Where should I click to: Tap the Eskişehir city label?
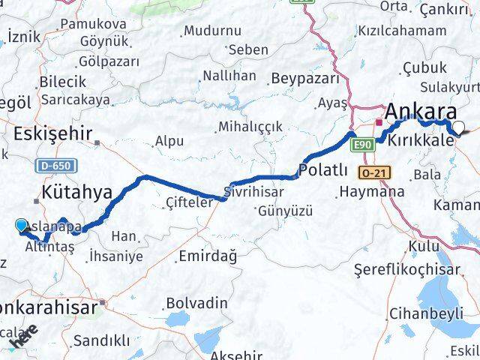pyautogui.click(x=52, y=134)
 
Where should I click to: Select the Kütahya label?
pyautogui.click(x=78, y=193)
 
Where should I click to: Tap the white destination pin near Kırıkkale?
pyautogui.click(x=458, y=127)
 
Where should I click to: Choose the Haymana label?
pyautogui.click(x=371, y=192)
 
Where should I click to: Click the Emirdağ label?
pyautogui.click(x=207, y=256)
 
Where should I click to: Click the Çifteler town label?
pyautogui.click(x=190, y=200)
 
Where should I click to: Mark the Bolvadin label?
pyautogui.click(x=196, y=302)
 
